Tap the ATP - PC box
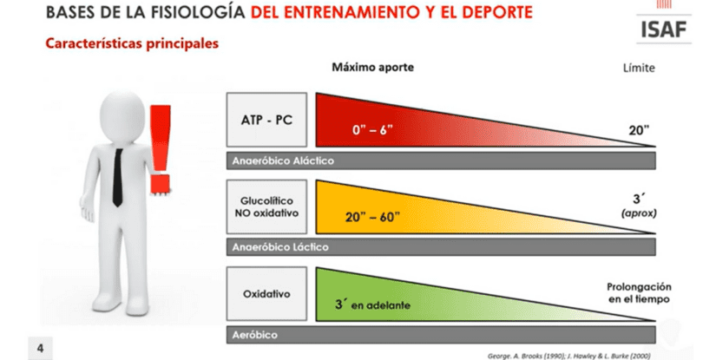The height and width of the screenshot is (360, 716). pos(266,120)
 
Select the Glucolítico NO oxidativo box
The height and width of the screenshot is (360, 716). pos(266,206)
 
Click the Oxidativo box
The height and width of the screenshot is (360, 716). pos(266,294)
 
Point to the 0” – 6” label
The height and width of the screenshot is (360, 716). pos(372,130)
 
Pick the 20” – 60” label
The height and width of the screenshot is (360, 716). pos(372,217)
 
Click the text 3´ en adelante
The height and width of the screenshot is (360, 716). pos(372,304)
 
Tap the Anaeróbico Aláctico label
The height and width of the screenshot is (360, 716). pos(283,160)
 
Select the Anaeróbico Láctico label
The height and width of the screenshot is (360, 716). pos(280,247)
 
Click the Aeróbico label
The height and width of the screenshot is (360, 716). pos(254,335)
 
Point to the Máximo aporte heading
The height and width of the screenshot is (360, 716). pos(372,67)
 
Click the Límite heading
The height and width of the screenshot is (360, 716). pos(639,68)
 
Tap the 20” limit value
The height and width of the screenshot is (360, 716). pos(639,130)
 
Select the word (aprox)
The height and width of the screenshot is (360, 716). pos(639,213)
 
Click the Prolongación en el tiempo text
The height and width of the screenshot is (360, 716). pos(639,293)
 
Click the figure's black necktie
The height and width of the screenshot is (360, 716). pos(118,177)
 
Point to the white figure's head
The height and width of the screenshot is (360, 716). pos(122,116)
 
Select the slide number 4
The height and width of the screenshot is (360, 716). pos(40,349)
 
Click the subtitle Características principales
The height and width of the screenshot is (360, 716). pos(132,43)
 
